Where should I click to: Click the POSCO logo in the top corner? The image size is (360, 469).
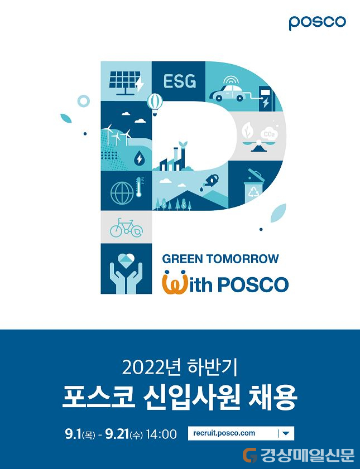[x=317, y=22]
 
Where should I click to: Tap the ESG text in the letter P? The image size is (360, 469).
[x=180, y=81]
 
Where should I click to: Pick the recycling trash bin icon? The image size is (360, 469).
[x=255, y=186]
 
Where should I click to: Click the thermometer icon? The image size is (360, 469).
[x=138, y=188]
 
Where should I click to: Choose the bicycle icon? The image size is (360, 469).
[x=126, y=228]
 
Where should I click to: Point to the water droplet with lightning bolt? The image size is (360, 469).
[x=139, y=158]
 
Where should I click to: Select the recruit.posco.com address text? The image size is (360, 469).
[x=224, y=433]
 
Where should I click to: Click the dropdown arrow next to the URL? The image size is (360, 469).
[x=286, y=433]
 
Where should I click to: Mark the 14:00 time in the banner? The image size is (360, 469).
[x=161, y=434]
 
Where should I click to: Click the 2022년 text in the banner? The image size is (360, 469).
[x=151, y=368]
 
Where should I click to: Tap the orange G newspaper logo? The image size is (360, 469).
[x=250, y=455]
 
